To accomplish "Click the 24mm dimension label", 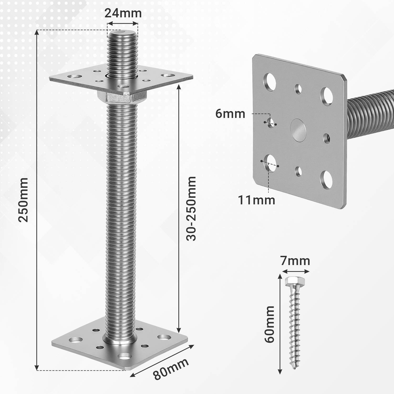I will click(123, 13).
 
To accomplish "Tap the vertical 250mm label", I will click(24, 200).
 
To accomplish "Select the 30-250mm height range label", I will click(191, 209).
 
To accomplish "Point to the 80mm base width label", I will click(171, 369).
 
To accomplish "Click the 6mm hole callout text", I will click(230, 114).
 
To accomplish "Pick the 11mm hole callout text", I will click(256, 200).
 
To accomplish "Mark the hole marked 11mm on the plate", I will click(270, 163).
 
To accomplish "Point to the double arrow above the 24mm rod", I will click(123, 24).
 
